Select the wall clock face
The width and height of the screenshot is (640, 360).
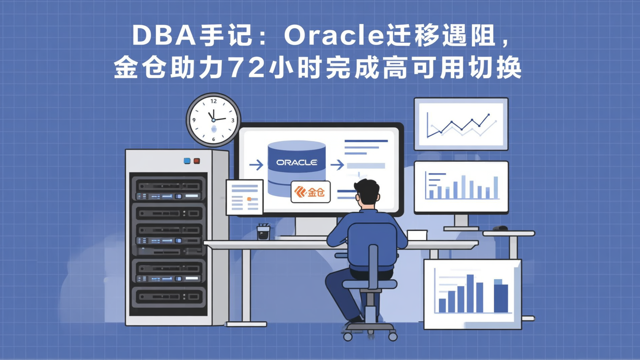pyautogui.click(x=213, y=120)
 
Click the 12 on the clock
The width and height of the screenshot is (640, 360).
pyautogui.click(x=213, y=102)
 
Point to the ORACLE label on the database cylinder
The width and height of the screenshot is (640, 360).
pyautogui.click(x=296, y=163)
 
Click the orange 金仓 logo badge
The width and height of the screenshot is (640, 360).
pyautogui.click(x=310, y=192)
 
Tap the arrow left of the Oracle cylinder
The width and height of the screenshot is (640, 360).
pyautogui.click(x=256, y=165)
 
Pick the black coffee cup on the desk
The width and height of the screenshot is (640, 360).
pyautogui.click(x=263, y=232)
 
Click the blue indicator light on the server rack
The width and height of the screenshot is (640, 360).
pyautogui.click(x=187, y=161)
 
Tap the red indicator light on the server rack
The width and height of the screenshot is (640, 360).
pyautogui.click(x=196, y=161)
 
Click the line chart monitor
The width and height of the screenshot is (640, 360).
pyautogui.click(x=461, y=124)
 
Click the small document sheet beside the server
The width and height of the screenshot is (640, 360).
pyautogui.click(x=244, y=197)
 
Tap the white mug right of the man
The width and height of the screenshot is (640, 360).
pyautogui.click(x=417, y=235)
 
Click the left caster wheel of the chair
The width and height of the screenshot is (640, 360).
pyautogui.click(x=348, y=336)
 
